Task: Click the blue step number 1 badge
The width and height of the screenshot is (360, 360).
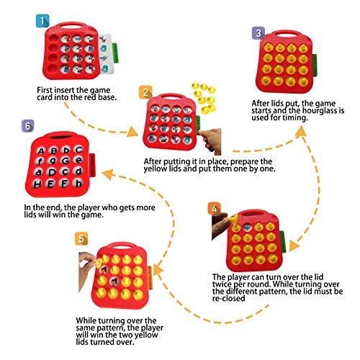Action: coord(42,21)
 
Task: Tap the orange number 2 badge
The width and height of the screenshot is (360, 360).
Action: coord(145,92)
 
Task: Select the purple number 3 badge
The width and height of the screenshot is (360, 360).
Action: coord(258,33)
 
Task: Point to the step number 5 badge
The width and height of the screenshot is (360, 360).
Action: coord(81,238)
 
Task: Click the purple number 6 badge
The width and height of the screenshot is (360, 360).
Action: coord(28,126)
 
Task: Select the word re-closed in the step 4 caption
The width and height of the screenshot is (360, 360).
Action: coord(229,298)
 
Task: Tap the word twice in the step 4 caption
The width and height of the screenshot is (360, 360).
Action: coord(222,284)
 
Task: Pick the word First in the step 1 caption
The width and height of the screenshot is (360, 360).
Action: coord(45,90)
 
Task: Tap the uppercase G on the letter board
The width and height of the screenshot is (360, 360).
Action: coord(66,161)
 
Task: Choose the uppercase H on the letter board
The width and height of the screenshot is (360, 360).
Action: coord(37,184)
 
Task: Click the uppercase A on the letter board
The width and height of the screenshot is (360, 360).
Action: coord(41,151)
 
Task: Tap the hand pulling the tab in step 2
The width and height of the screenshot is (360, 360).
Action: coord(210,140)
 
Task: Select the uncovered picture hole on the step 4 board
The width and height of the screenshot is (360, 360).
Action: coord(246,226)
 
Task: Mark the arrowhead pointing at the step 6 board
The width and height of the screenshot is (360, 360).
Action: coord(107,174)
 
